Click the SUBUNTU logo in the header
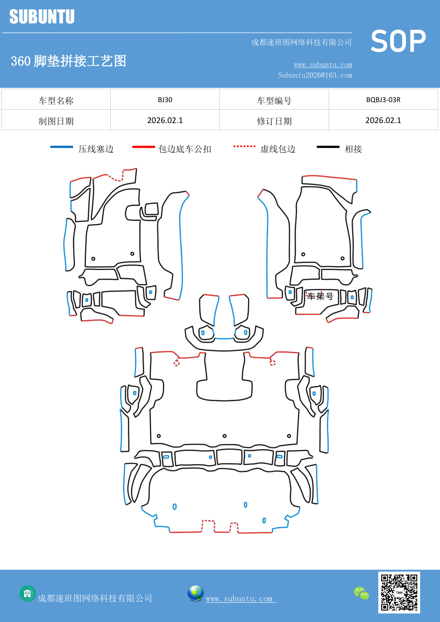pyautogui.click(x=42, y=17)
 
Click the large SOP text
pyautogui.click(x=398, y=41)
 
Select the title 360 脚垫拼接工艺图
pyautogui.click(x=68, y=61)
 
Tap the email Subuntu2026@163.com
pyautogui.click(x=315, y=75)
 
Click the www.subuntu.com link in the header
pyautogui.click(x=323, y=65)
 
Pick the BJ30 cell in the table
pyautogui.click(x=165, y=100)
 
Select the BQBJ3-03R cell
pyautogui.click(x=383, y=100)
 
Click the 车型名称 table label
pyautogui.click(x=56, y=101)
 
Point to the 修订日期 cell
pyautogui.click(x=274, y=121)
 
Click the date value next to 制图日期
pyautogui.click(x=165, y=121)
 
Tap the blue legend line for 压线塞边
pyautogui.click(x=62, y=147)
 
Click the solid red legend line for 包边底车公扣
pyautogui.click(x=143, y=147)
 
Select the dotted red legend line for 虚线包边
pyautogui.click(x=244, y=146)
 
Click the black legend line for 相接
pyautogui.click(x=328, y=147)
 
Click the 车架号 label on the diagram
pyautogui.click(x=320, y=296)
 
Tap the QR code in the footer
pyautogui.click(x=399, y=592)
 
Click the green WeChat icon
pyautogui.click(x=361, y=593)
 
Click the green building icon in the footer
pyautogui.click(x=27, y=593)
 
